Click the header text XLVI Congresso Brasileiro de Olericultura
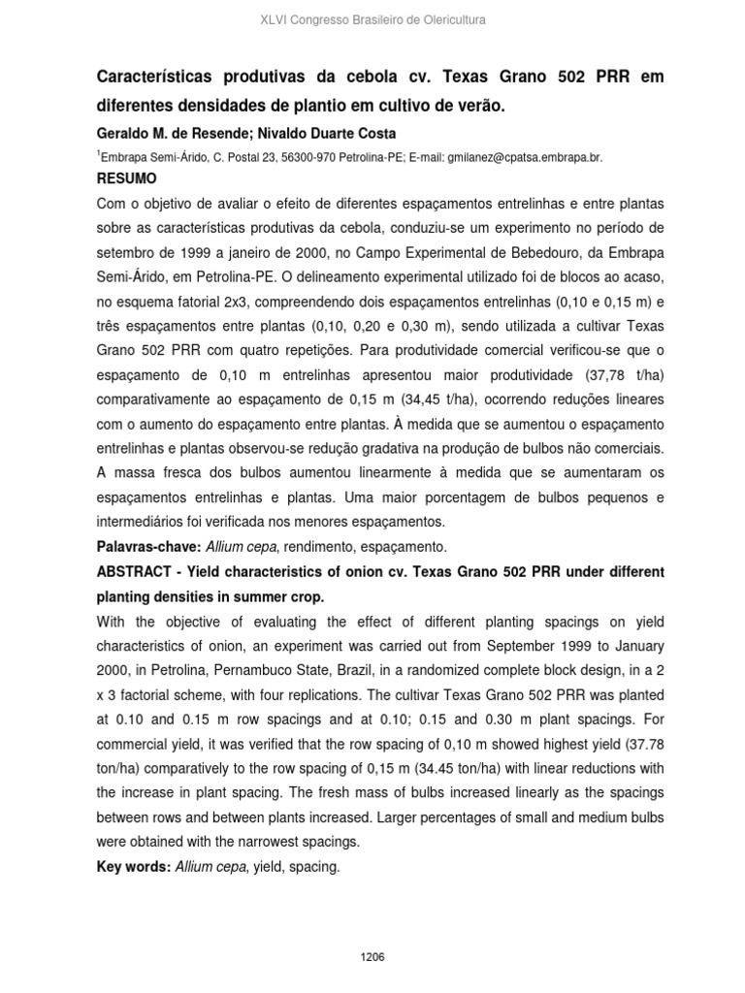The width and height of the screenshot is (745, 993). (x=372, y=19)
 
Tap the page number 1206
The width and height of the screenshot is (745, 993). (x=372, y=929)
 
